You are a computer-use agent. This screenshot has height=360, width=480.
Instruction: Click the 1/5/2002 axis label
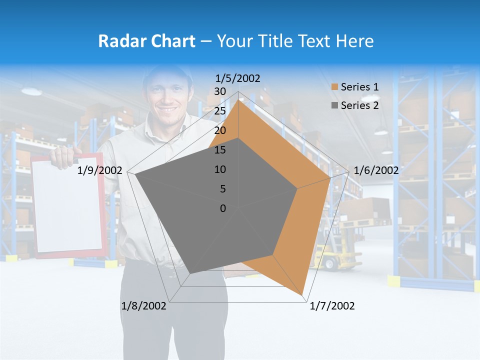tap(238, 78)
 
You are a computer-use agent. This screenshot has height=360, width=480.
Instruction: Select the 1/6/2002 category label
tap(376, 170)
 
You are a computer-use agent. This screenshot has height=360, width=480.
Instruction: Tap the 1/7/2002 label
tap(332, 306)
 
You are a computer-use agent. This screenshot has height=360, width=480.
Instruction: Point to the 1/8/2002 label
tap(143, 306)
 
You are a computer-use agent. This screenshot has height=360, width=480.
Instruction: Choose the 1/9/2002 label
tap(100, 170)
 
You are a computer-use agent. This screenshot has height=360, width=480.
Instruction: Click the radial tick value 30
tap(220, 91)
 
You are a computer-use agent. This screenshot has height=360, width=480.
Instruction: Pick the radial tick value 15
tap(220, 150)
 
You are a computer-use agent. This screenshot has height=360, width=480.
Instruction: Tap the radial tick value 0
tap(223, 208)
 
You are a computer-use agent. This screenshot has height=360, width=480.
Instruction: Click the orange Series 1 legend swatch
tap(334, 87)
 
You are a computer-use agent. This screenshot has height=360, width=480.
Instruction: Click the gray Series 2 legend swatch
tap(334, 105)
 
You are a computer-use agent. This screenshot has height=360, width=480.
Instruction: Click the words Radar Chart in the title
tap(146, 41)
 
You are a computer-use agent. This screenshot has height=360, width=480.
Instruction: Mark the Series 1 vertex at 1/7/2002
tap(303, 295)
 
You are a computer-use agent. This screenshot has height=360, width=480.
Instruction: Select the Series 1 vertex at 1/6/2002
tap(330, 178)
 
